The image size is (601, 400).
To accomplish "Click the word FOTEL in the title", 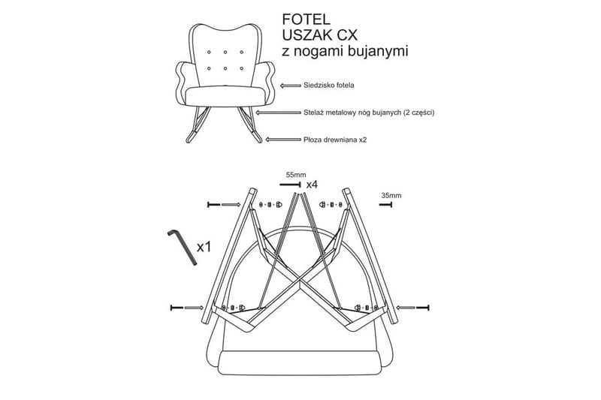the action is point(306,20).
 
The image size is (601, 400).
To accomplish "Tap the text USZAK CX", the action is point(320,35).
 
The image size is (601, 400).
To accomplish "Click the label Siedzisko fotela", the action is point(328,86).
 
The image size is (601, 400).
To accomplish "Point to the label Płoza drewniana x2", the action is point(334,140).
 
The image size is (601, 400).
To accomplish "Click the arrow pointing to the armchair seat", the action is point(291,86).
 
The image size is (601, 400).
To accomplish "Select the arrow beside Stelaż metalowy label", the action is point(278,113).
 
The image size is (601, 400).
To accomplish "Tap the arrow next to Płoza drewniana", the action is point(283,140).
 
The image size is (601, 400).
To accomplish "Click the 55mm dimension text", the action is point(296,175).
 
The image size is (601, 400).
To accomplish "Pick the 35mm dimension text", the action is point(391,196).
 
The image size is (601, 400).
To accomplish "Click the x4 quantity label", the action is point(312,185).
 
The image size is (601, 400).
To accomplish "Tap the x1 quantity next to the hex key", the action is point(204,247).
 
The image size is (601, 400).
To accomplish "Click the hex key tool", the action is point(182,247).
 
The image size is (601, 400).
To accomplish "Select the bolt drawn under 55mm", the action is point(290,185).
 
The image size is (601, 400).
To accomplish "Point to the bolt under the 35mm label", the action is point(385,205).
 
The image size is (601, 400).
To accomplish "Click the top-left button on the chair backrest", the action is point(209,52).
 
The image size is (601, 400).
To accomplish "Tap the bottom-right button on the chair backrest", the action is point(241,68).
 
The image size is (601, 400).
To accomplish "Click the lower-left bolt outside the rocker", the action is point(177,308).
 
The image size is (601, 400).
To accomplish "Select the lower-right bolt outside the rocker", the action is point(422,308).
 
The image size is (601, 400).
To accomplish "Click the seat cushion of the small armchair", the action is point(225,96).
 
